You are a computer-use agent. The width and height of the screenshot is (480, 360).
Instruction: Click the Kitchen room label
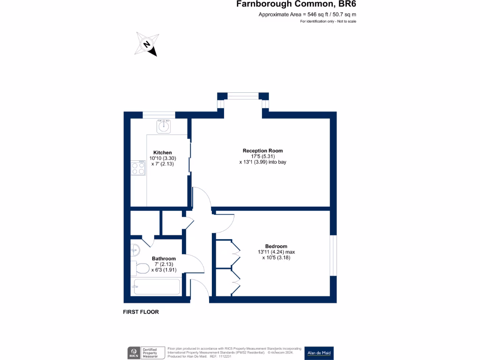click(x=162, y=152)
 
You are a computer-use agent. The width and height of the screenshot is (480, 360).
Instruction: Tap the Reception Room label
click(x=262, y=150)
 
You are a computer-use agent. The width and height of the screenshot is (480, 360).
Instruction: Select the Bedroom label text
click(x=276, y=246)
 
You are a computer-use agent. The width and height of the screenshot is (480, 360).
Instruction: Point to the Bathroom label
click(x=164, y=258)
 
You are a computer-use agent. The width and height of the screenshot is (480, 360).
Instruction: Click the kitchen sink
click(x=164, y=127)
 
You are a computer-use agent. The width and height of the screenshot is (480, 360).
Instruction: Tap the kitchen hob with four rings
click(x=138, y=168)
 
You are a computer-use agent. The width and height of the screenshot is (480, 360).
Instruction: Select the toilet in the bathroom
click(x=141, y=269)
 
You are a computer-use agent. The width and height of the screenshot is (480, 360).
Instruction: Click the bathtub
click(x=157, y=286)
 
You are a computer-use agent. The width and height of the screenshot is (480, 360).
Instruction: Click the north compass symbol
click(x=147, y=44)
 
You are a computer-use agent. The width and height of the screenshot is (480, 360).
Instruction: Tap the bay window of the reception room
click(x=243, y=96)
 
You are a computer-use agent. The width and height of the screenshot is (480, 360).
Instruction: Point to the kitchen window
click(x=159, y=115)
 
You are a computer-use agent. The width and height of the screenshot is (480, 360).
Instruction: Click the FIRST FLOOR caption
click(x=141, y=312)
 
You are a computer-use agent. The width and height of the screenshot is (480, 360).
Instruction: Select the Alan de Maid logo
click(x=319, y=353)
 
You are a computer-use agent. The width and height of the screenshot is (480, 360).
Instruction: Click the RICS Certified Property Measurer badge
click(x=147, y=353)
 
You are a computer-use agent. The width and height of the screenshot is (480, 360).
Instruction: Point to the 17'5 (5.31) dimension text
click(x=262, y=157)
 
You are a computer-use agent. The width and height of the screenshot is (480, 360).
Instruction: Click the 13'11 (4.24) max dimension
click(x=276, y=252)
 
